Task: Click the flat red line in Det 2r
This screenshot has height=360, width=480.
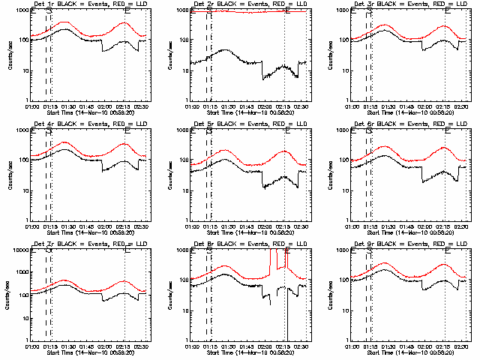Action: point(247,11)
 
